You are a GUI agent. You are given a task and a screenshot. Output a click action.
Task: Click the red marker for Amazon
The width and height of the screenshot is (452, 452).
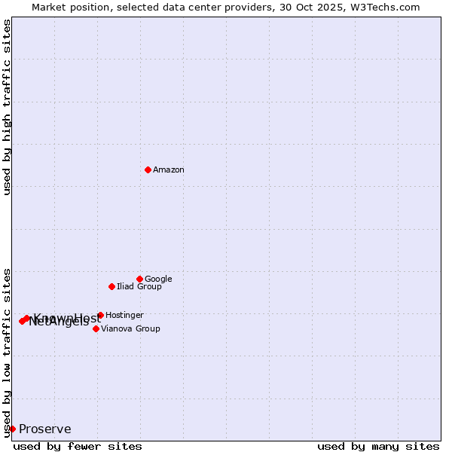(x=148, y=169)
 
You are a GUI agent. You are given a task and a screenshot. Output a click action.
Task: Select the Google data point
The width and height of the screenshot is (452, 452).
(x=139, y=279)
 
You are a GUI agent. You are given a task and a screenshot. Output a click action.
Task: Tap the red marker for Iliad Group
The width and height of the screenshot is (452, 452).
(x=111, y=286)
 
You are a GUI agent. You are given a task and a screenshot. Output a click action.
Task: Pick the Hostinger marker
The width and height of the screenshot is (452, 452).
(x=100, y=315)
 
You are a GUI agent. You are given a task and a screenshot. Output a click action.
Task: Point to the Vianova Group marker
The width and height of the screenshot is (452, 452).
(x=96, y=328)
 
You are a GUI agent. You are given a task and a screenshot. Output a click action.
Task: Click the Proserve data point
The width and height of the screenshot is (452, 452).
(x=12, y=429)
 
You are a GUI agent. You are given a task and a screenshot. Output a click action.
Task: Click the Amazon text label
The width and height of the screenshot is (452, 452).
(x=168, y=170)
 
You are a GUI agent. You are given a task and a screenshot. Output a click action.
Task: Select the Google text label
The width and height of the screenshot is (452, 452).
(x=158, y=279)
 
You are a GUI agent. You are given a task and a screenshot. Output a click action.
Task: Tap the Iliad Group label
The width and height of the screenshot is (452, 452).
(x=139, y=286)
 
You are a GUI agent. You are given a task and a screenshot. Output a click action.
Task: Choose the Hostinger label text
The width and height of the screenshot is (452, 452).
(x=124, y=315)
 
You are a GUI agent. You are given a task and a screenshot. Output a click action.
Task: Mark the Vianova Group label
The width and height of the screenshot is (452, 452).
(x=130, y=328)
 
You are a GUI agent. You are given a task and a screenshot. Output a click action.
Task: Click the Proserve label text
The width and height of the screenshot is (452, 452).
(x=44, y=429)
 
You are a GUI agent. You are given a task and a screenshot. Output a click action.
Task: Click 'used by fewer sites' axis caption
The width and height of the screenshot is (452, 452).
(x=78, y=446)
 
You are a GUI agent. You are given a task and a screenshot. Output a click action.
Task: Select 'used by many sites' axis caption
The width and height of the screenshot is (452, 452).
(x=378, y=446)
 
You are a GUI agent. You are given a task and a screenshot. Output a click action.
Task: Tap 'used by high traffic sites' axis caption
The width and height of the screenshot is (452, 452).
(x=7, y=107)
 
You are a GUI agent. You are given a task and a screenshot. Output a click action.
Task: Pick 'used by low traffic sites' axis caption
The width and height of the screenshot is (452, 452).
(x=7, y=352)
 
